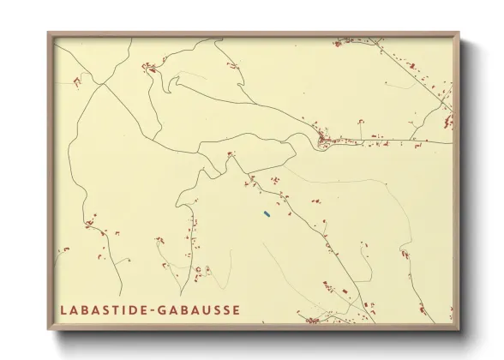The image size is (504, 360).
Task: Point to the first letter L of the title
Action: pyautogui.click(x=63, y=309)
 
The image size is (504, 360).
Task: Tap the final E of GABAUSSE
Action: pyautogui.click(x=236, y=309)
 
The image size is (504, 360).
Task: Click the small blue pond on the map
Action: pyautogui.click(x=267, y=213)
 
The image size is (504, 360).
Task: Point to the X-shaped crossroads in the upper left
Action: pyautogui.click(x=101, y=83)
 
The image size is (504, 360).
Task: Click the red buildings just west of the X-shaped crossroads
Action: pyautogui.click(x=76, y=82)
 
